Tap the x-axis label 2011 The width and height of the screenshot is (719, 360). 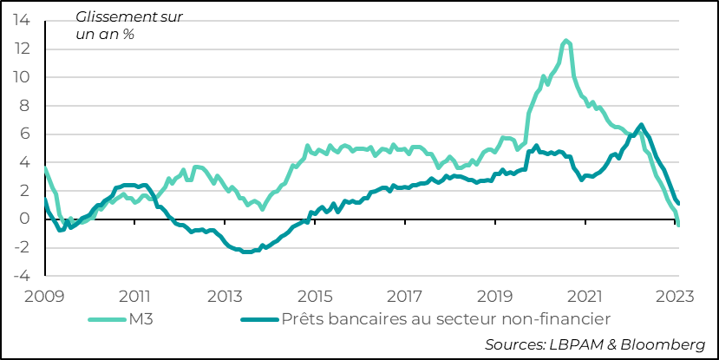tap(136, 295)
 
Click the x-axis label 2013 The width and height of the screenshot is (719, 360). tap(225, 295)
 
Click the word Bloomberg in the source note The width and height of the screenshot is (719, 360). tap(663, 344)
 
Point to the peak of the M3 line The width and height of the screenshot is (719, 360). tap(566, 40)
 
